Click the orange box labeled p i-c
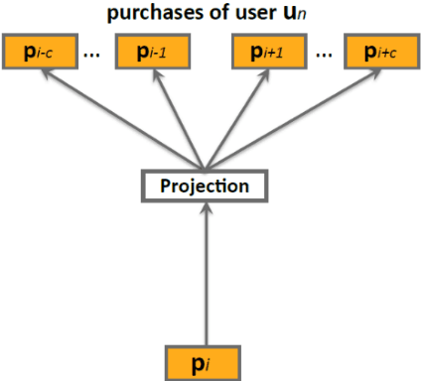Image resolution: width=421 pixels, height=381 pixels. (x=37, y=53)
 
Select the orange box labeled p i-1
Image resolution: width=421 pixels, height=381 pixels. (x=151, y=53)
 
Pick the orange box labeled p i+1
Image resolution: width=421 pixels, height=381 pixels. (x=266, y=53)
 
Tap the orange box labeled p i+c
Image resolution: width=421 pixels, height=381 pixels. (x=380, y=53)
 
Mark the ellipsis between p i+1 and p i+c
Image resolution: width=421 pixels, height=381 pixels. (x=323, y=55)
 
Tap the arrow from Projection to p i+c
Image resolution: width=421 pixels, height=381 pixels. (x=298, y=116)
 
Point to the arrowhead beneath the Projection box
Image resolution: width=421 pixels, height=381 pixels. (x=205, y=209)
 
